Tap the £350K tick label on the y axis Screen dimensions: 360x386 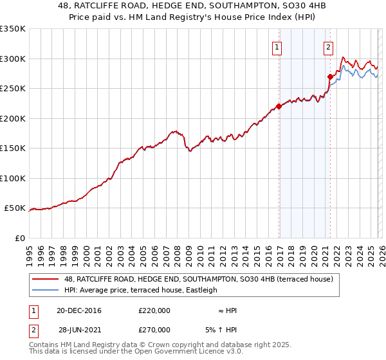click(13, 29)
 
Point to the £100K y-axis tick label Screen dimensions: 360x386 click(13, 178)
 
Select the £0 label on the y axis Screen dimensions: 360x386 click(19, 238)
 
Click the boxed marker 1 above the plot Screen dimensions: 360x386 click(277, 46)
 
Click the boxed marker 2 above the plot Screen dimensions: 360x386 click(328, 46)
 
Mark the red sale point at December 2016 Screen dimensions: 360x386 click(279, 107)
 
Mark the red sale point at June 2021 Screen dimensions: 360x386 click(330, 76)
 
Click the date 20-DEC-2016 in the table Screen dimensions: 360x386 click(79, 310)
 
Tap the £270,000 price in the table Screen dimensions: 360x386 click(154, 329)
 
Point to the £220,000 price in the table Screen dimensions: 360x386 click(154, 310)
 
